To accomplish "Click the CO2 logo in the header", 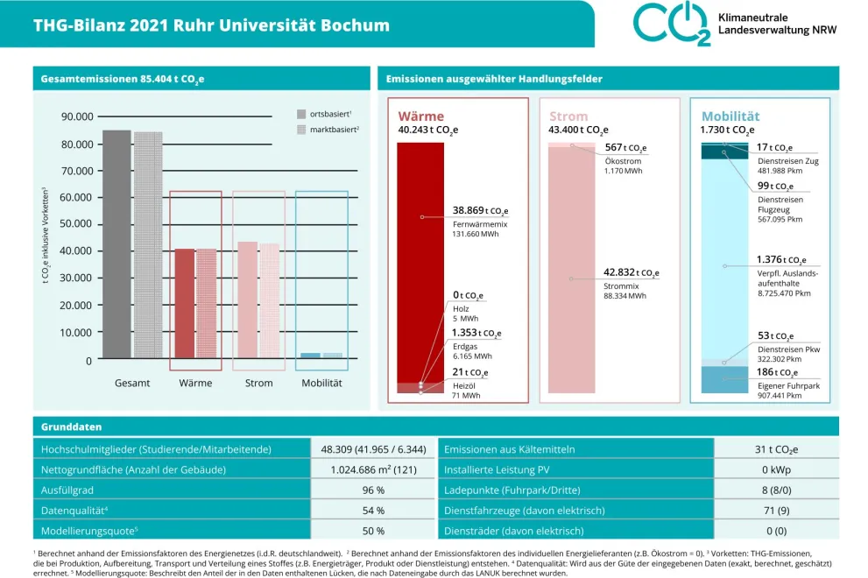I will pos(671,24).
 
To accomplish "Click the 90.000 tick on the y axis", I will pos(77,116).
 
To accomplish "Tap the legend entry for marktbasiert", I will pos(328,130).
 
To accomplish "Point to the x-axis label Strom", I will pos(259,384).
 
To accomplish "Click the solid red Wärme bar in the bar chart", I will pos(185,303).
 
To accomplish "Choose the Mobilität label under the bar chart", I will pos(321,384).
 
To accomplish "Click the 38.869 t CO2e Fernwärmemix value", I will pos(480,211).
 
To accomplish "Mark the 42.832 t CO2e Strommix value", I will pos(632,272).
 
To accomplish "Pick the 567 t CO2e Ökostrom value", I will pos(625,148).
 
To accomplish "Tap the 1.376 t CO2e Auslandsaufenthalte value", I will pos(781,260).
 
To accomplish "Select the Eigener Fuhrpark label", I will pos(787,384).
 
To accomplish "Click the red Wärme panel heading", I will pos(420,116).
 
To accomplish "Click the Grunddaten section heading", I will pos(72,427).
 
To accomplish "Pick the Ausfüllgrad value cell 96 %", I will pos(373,490).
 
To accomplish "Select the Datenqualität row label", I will pos(75,511).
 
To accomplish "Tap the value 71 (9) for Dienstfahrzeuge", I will pos(777,511).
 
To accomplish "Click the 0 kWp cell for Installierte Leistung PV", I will pos(777,469).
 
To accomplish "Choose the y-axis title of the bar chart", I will pos(46,236).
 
